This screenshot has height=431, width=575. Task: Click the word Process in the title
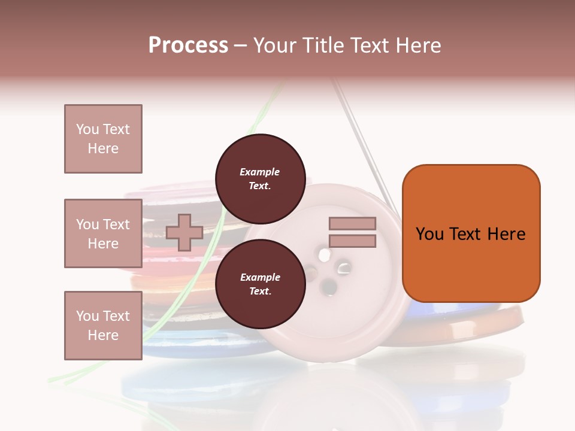coord(188,45)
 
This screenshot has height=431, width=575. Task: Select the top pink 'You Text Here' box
coord(103,139)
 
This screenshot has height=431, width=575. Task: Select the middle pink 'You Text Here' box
coord(103,233)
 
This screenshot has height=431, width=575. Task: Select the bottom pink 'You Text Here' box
coord(103,325)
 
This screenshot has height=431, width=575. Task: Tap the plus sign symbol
coord(184,232)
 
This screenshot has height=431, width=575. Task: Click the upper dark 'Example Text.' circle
coord(260,179)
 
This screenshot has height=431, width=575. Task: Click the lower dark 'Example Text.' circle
coord(260,284)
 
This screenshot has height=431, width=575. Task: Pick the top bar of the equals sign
coord(352,223)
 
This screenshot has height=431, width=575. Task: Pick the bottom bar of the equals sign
coord(352,241)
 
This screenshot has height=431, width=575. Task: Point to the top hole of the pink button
coord(324,256)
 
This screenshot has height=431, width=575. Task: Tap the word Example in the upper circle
coord(260,172)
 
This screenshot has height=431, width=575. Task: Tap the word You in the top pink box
coord(86,129)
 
